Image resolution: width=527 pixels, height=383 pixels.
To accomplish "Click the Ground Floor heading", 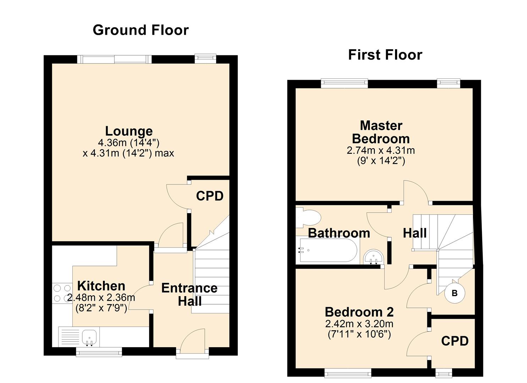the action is click(141, 30).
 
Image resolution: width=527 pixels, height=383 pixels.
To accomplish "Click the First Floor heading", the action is click(385, 55).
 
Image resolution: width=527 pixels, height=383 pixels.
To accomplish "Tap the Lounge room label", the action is click(129, 131).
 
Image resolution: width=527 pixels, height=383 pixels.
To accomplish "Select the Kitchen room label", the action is click(101, 286).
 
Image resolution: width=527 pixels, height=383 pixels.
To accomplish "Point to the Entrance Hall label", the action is click(190, 295).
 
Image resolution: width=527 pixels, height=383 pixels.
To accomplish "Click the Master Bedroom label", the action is click(381, 132).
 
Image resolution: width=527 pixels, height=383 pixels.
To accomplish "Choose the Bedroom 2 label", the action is click(359, 312).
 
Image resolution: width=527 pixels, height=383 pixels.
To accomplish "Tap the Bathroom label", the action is click(339, 233).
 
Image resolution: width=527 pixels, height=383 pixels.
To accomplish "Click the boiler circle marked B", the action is click(455, 293).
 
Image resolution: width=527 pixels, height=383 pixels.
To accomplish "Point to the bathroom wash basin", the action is click(374, 256).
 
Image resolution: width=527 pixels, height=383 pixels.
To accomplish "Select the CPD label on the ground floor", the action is click(210, 196).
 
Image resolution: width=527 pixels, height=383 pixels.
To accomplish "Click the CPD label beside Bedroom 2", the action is click(455, 341).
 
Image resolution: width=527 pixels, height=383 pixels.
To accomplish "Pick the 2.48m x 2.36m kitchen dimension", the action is click(101, 298).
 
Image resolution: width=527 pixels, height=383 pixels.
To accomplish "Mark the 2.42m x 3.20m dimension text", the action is click(359, 324).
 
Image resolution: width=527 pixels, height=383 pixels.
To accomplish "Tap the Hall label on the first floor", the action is click(415, 233).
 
